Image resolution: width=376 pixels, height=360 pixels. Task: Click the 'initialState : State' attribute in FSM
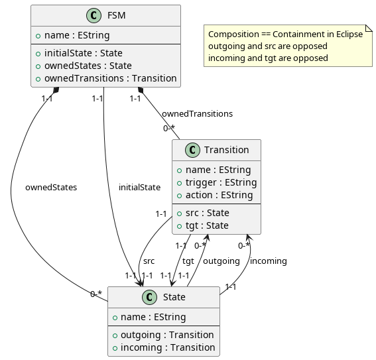point(83,53)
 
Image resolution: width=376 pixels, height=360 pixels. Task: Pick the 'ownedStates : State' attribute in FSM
point(83,66)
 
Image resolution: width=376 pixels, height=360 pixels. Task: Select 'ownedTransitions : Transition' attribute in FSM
point(105,78)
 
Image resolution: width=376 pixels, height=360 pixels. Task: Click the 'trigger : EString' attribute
point(216,182)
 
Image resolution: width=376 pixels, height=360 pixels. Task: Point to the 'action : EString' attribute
point(214,195)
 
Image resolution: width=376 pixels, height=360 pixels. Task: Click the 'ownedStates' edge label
point(51,188)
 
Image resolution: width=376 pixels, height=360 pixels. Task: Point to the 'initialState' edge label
point(139,188)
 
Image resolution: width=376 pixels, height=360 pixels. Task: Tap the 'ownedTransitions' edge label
point(197,114)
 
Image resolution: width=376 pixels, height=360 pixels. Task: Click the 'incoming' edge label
point(269,261)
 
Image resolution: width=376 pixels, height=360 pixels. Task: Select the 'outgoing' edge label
point(221,261)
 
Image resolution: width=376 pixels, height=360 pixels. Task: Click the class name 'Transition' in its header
point(227,150)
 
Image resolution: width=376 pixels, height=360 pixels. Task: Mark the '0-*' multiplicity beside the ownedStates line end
point(96,294)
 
